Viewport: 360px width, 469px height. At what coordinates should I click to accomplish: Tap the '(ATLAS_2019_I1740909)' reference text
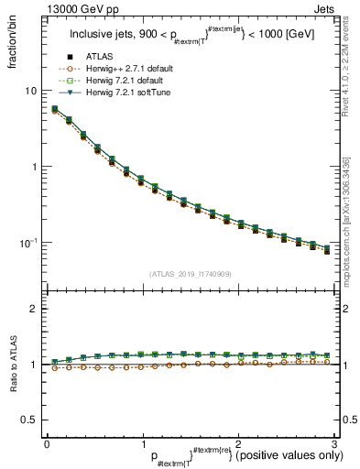[189, 273]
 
